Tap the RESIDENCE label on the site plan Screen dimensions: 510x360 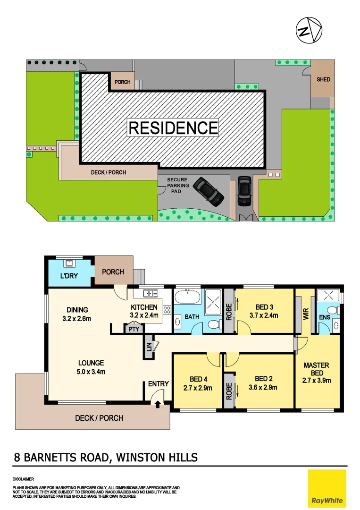point(173,128)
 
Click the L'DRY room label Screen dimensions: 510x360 point(69,276)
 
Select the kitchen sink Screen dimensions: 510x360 point(151,294)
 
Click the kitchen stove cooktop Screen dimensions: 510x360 point(167,310)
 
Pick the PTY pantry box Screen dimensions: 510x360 point(134,329)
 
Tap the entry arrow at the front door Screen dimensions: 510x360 point(158,403)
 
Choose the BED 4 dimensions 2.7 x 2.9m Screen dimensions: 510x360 point(198,388)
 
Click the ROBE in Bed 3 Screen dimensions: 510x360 point(229,312)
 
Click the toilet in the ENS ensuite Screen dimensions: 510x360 point(333,310)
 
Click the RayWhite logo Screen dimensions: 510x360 point(327,487)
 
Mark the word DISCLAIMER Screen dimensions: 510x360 point(23,479)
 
